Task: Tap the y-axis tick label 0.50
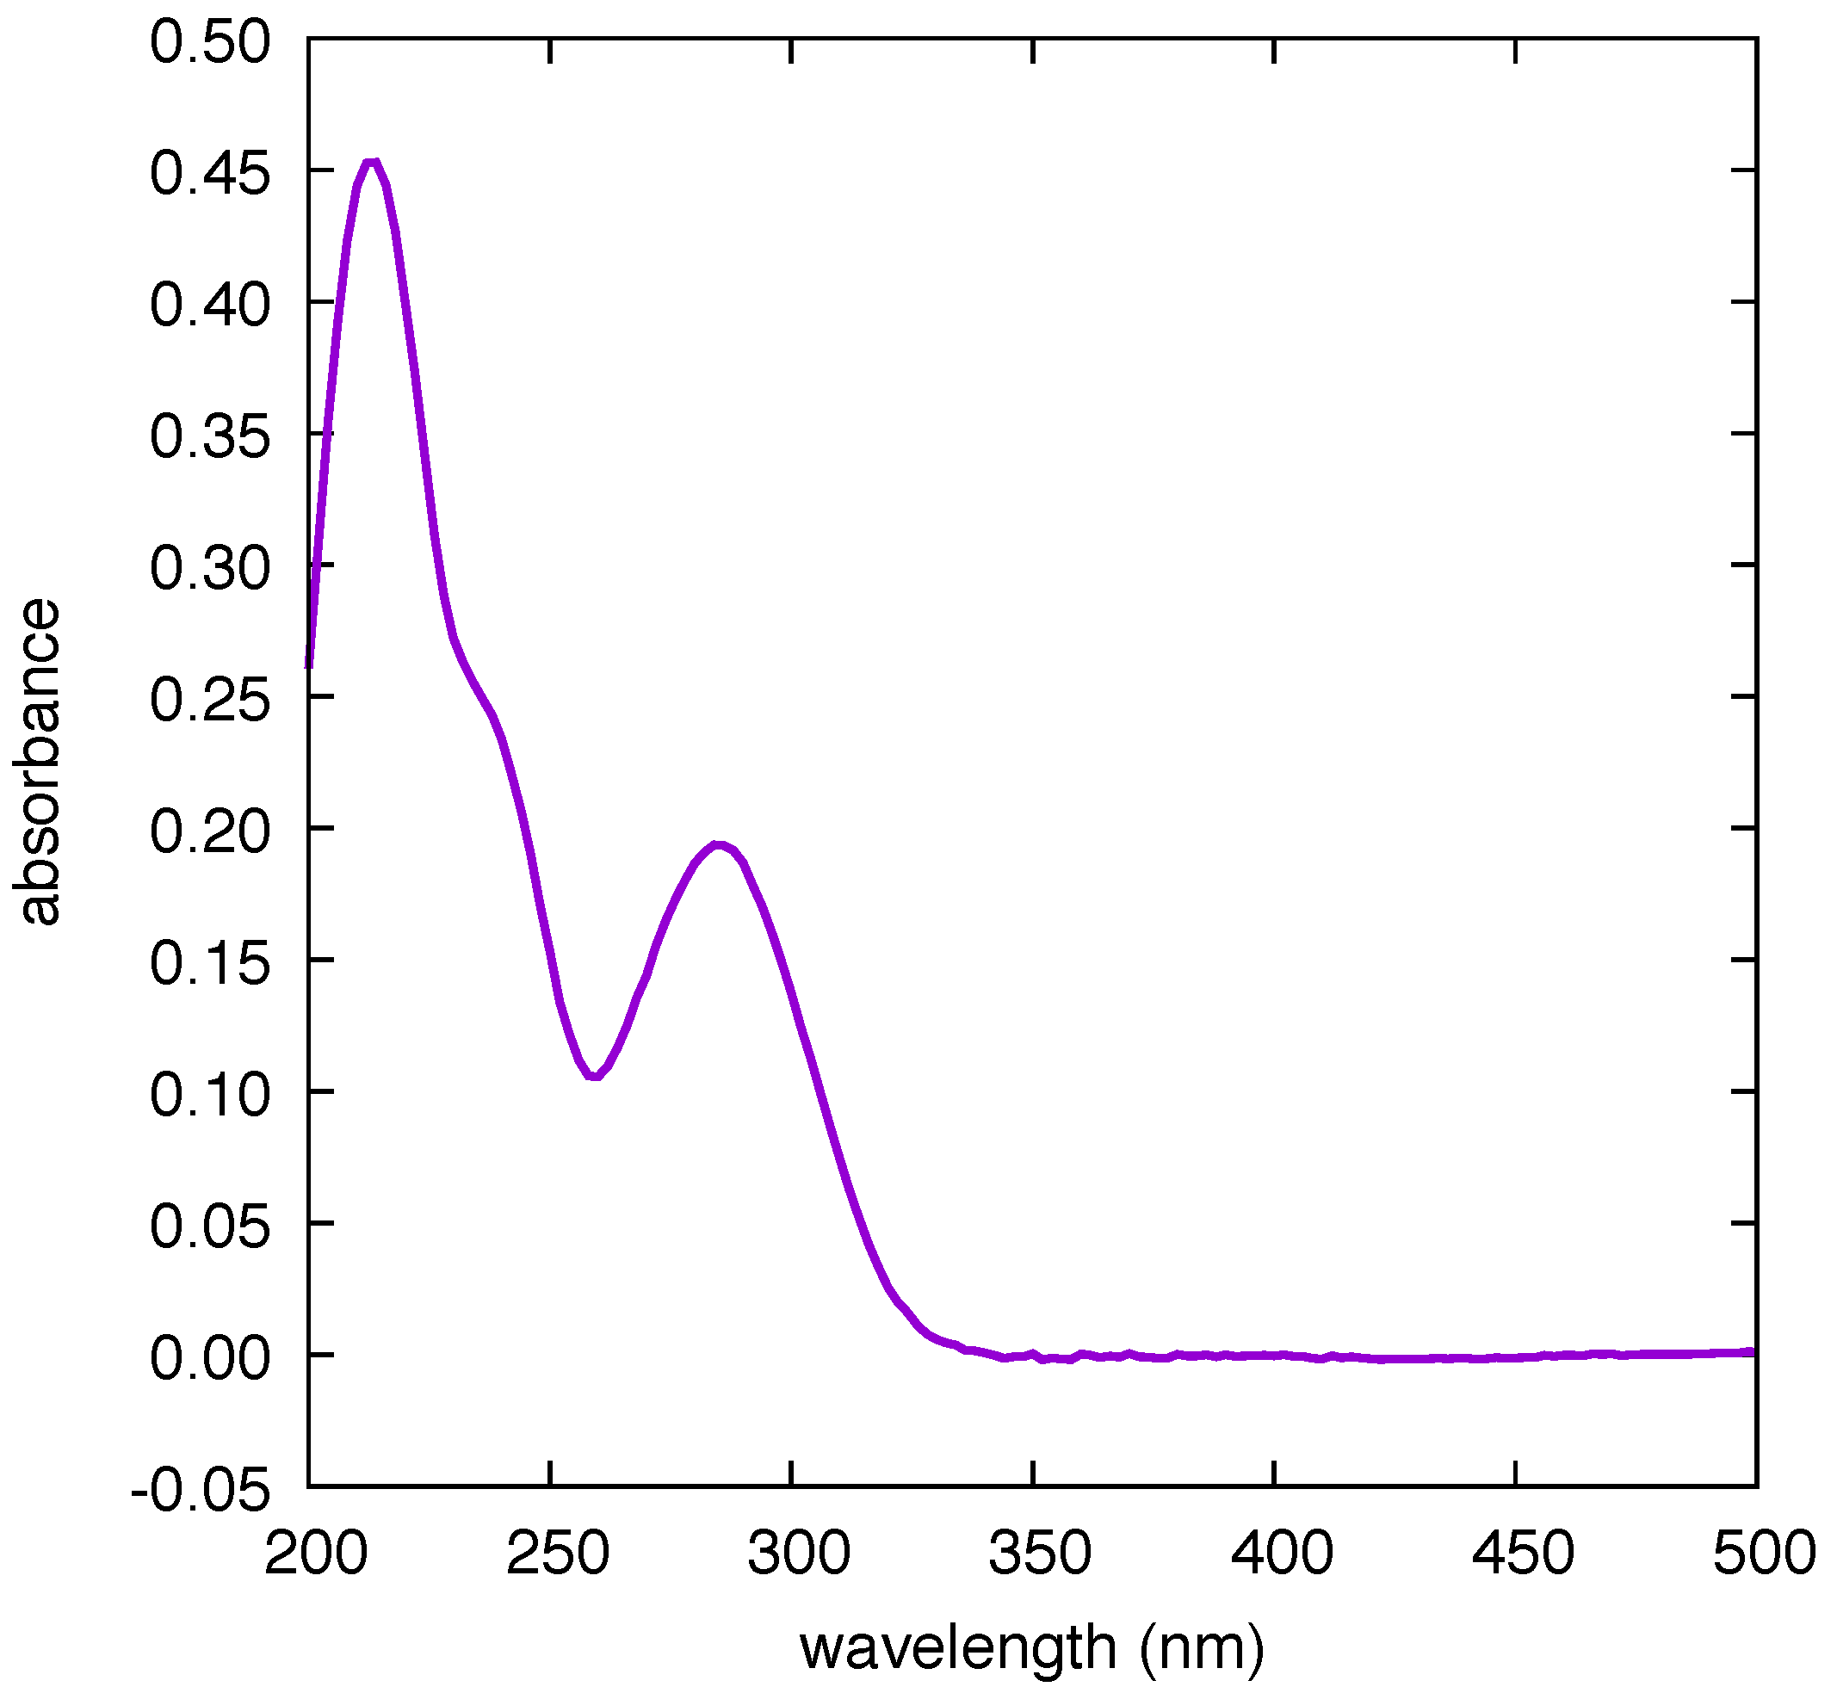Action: tap(210, 42)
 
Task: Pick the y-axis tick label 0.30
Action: tap(210, 568)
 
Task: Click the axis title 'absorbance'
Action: tap(37, 763)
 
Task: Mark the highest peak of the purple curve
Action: tap(371, 163)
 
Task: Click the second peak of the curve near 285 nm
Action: tap(720, 844)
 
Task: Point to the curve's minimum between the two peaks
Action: tap(596, 1077)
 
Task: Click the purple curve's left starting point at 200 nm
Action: tap(309, 665)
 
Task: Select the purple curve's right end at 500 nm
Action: tap(1754, 1352)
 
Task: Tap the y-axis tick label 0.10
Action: tap(210, 1095)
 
